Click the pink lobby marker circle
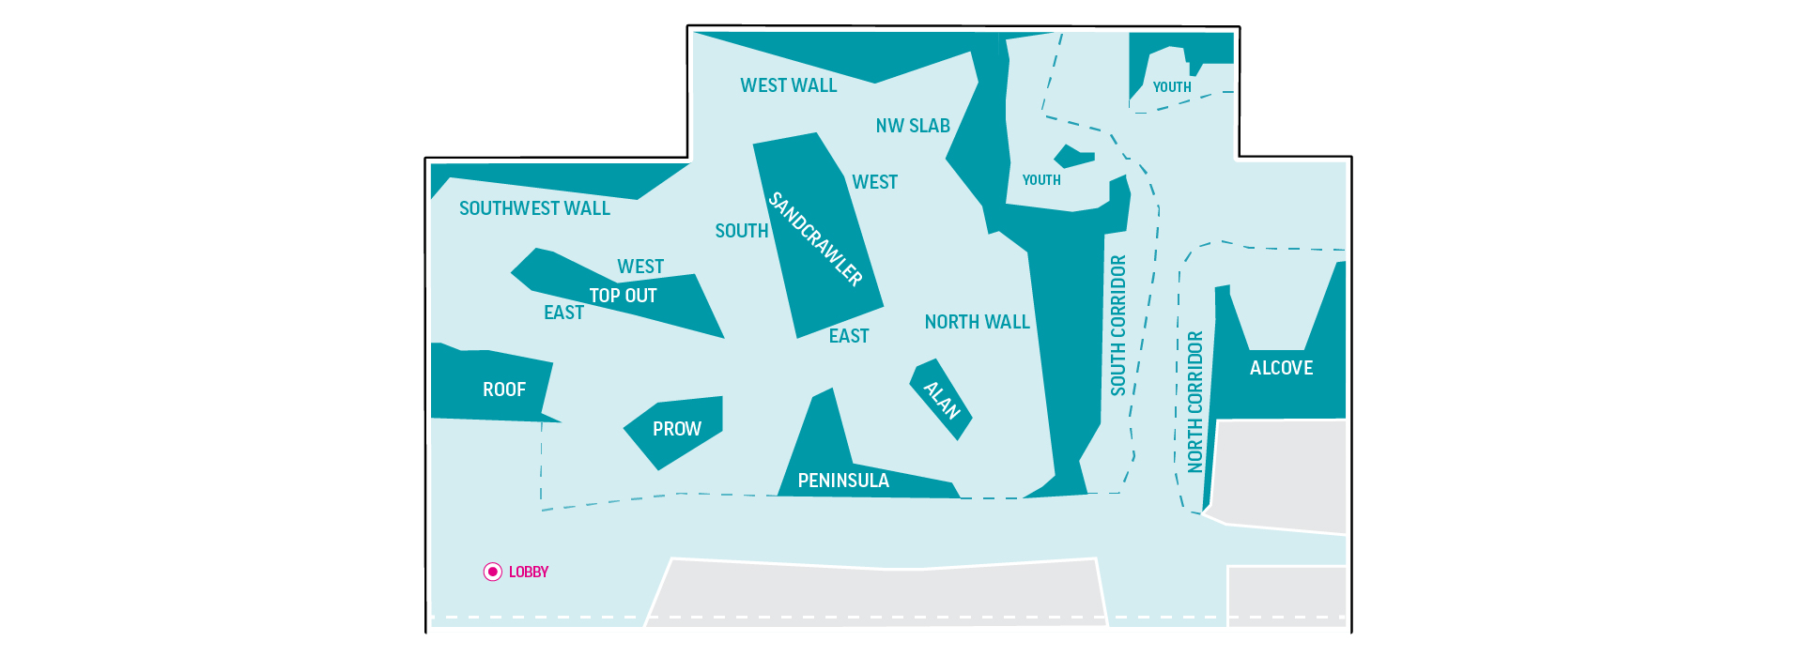[x=493, y=572]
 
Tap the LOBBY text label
[x=529, y=572]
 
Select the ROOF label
[x=504, y=390]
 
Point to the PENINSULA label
[x=843, y=481]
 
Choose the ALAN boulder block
[x=941, y=400]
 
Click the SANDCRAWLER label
[x=815, y=239]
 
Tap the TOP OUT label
[x=623, y=296]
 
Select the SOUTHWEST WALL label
[x=534, y=208]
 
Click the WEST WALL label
[x=789, y=85]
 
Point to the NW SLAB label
[x=913, y=126]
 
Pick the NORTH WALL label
[x=978, y=322]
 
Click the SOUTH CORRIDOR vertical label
[x=1117, y=325]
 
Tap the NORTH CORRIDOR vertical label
[x=1195, y=401]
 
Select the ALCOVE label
[x=1281, y=368]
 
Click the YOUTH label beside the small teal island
[x=1041, y=180]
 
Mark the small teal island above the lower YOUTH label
[x=1073, y=157]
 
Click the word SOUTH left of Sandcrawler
[x=742, y=231]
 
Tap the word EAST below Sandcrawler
[x=849, y=336]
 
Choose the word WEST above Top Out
[x=640, y=267]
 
